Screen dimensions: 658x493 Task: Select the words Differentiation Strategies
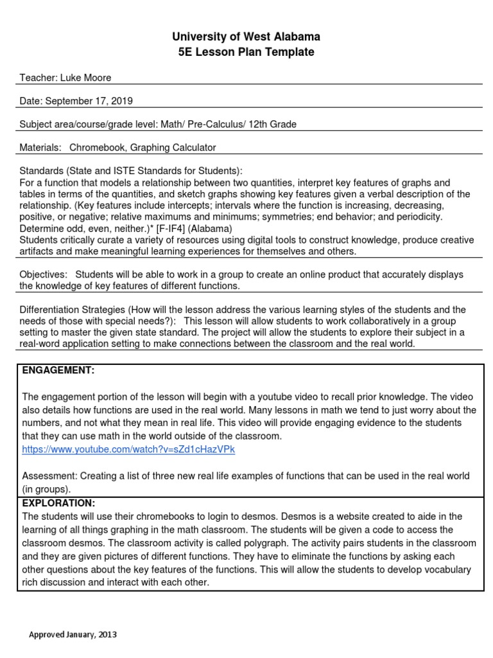pyautogui.click(x=73, y=309)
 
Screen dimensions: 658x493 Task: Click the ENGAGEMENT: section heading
pyautogui.click(x=58, y=371)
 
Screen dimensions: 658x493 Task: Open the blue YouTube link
pyautogui.click(x=128, y=450)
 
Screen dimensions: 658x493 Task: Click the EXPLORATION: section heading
pyautogui.click(x=58, y=503)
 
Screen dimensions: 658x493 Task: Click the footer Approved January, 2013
pyautogui.click(x=73, y=635)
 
